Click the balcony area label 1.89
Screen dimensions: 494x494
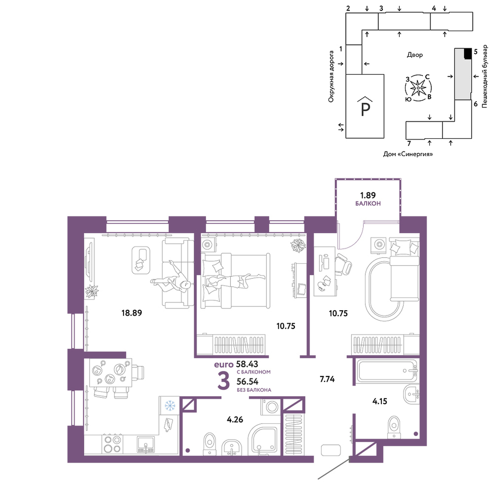[x=368, y=195]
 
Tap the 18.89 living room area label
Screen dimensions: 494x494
[x=132, y=313]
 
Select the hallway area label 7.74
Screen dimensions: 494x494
[x=327, y=379]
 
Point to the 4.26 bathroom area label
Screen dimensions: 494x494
[x=235, y=419]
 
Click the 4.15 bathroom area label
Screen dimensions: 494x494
[x=379, y=401]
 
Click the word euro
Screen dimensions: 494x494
[x=224, y=365]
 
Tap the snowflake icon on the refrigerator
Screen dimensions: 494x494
[x=170, y=405]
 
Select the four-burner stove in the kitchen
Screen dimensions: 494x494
[x=113, y=444]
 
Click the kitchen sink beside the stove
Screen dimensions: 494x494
[x=146, y=444]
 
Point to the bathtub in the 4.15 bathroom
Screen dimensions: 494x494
[x=387, y=372]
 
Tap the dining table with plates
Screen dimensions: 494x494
[x=111, y=372]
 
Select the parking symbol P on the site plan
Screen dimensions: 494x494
[x=365, y=109]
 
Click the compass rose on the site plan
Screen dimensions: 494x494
[x=418, y=88]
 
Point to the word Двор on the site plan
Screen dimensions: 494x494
[x=414, y=55]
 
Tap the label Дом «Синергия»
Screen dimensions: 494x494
[x=408, y=154]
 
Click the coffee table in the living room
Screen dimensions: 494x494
[x=140, y=260]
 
